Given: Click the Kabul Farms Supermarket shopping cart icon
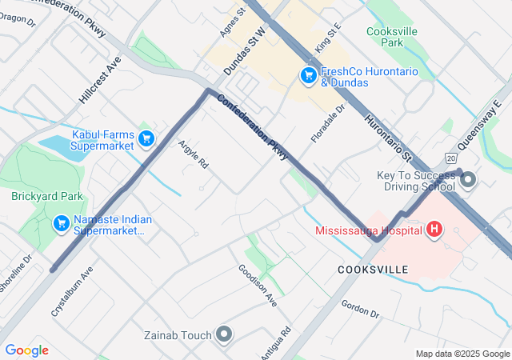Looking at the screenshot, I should [x=146, y=139].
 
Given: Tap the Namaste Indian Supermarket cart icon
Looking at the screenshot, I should [x=61, y=223].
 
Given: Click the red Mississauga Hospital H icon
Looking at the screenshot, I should [x=434, y=230].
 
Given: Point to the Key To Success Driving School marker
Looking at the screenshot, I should [x=468, y=180].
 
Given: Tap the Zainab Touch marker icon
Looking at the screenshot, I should [x=223, y=334].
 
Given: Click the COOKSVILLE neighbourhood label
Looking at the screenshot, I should [x=372, y=270].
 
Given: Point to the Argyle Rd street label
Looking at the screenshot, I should [x=193, y=154].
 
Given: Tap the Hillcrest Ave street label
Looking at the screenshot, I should [x=100, y=79].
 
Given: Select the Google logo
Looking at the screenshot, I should [x=26, y=350].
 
